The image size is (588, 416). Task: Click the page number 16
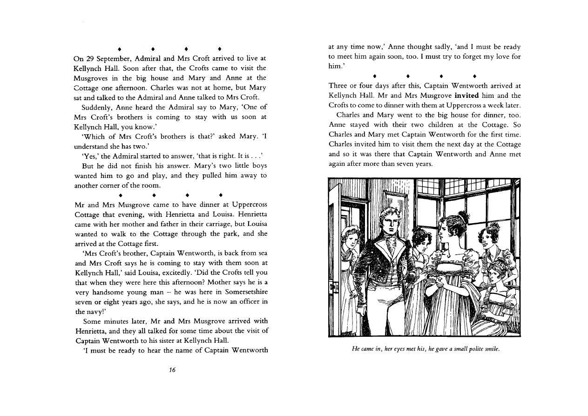[x=172, y=370]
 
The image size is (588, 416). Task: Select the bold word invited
[x=466, y=95]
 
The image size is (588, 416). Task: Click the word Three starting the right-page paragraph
[x=339, y=86]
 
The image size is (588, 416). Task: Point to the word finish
[x=140, y=166]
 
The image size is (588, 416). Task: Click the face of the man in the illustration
[x=389, y=225]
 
